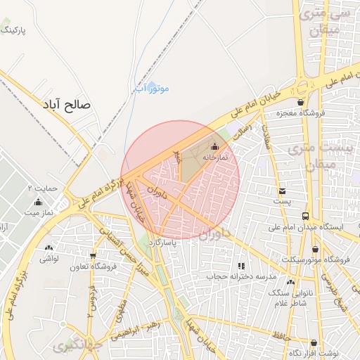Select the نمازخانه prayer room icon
(x=214, y=146)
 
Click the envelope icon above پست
(x=282, y=191)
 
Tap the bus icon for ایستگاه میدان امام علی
(x=304, y=216)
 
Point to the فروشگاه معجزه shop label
(x=299, y=113)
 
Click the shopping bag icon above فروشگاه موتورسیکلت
(x=314, y=248)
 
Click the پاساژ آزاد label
(x=162, y=242)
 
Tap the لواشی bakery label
(x=49, y=259)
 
